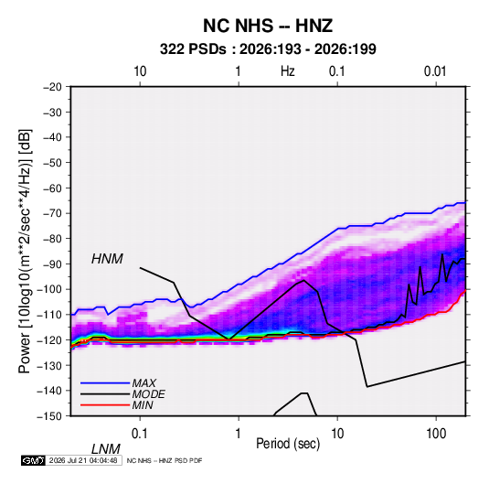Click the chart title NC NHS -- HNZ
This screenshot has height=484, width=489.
[268, 26]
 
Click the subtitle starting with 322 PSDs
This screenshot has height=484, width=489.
[268, 49]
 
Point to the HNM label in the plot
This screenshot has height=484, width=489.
[107, 259]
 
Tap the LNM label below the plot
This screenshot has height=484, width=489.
[105, 449]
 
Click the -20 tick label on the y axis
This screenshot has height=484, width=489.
[52, 87]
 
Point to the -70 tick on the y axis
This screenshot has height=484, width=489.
[52, 213]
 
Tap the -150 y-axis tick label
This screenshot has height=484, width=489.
[49, 416]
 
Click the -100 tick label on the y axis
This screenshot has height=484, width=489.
[49, 289]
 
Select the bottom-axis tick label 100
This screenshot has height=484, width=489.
[436, 434]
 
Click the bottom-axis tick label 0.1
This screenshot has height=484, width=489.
[140, 434]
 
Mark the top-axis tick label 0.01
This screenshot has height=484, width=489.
[435, 71]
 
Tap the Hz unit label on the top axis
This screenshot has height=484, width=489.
[288, 71]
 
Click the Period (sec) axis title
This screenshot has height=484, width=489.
[288, 444]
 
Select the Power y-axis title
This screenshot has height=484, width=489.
[25, 252]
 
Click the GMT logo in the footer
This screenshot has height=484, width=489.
[33, 460]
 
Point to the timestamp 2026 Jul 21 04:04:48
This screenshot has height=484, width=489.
[83, 460]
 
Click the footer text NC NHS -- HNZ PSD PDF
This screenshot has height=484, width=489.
[165, 460]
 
